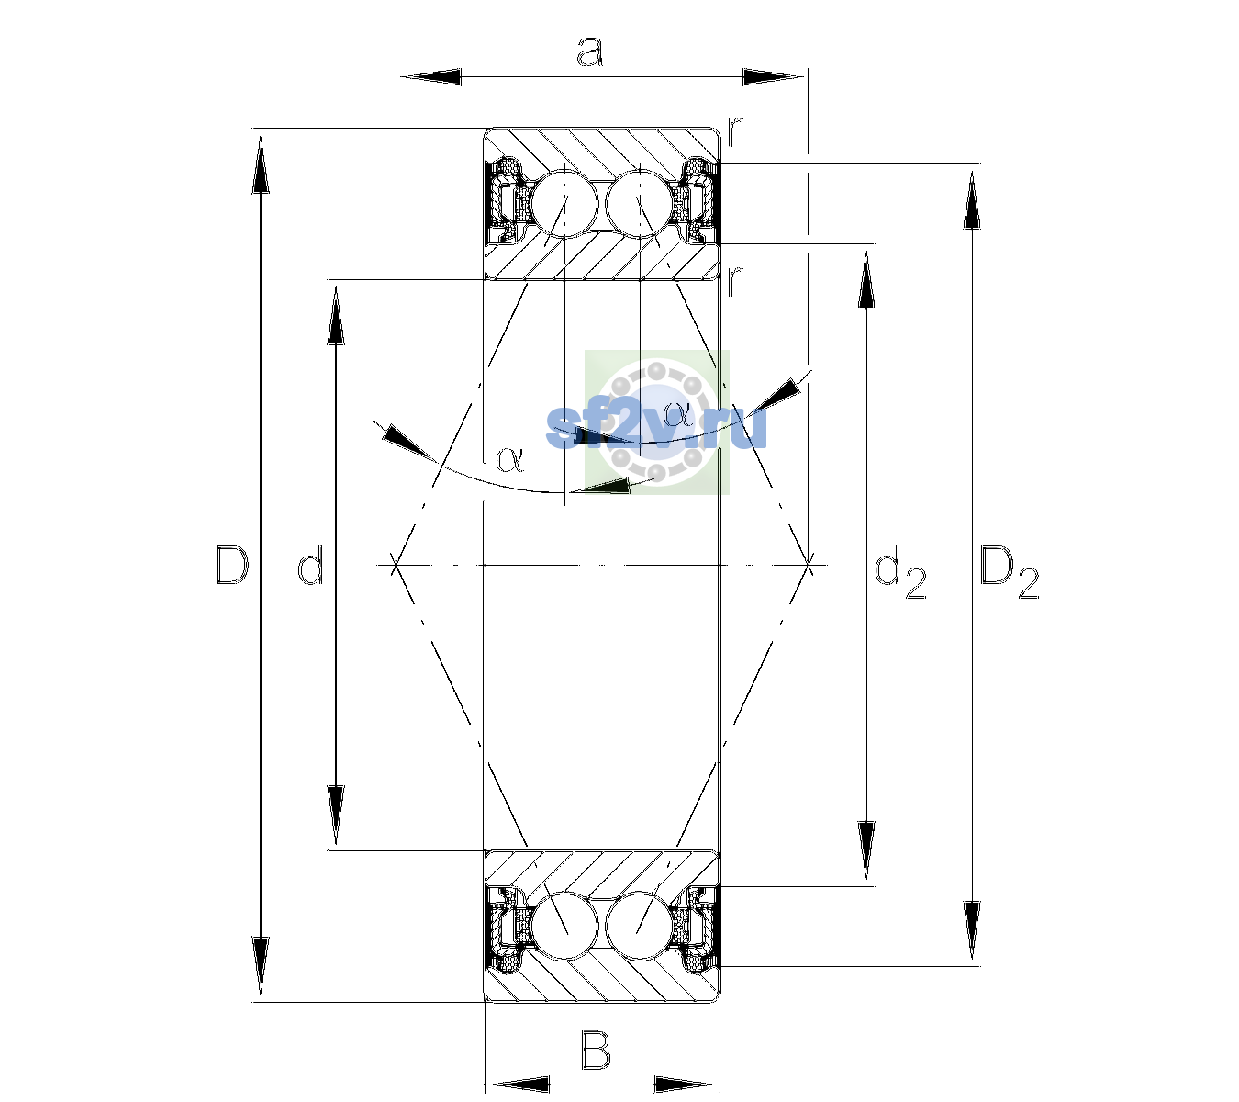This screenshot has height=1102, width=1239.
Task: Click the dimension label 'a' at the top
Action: [x=590, y=51]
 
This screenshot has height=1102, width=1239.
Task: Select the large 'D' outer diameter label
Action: [x=232, y=565]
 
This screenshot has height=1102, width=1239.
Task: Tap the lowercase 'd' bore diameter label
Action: [x=310, y=566]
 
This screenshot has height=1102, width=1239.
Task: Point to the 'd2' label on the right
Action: [x=901, y=575]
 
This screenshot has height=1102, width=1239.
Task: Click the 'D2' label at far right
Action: [x=1010, y=573]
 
